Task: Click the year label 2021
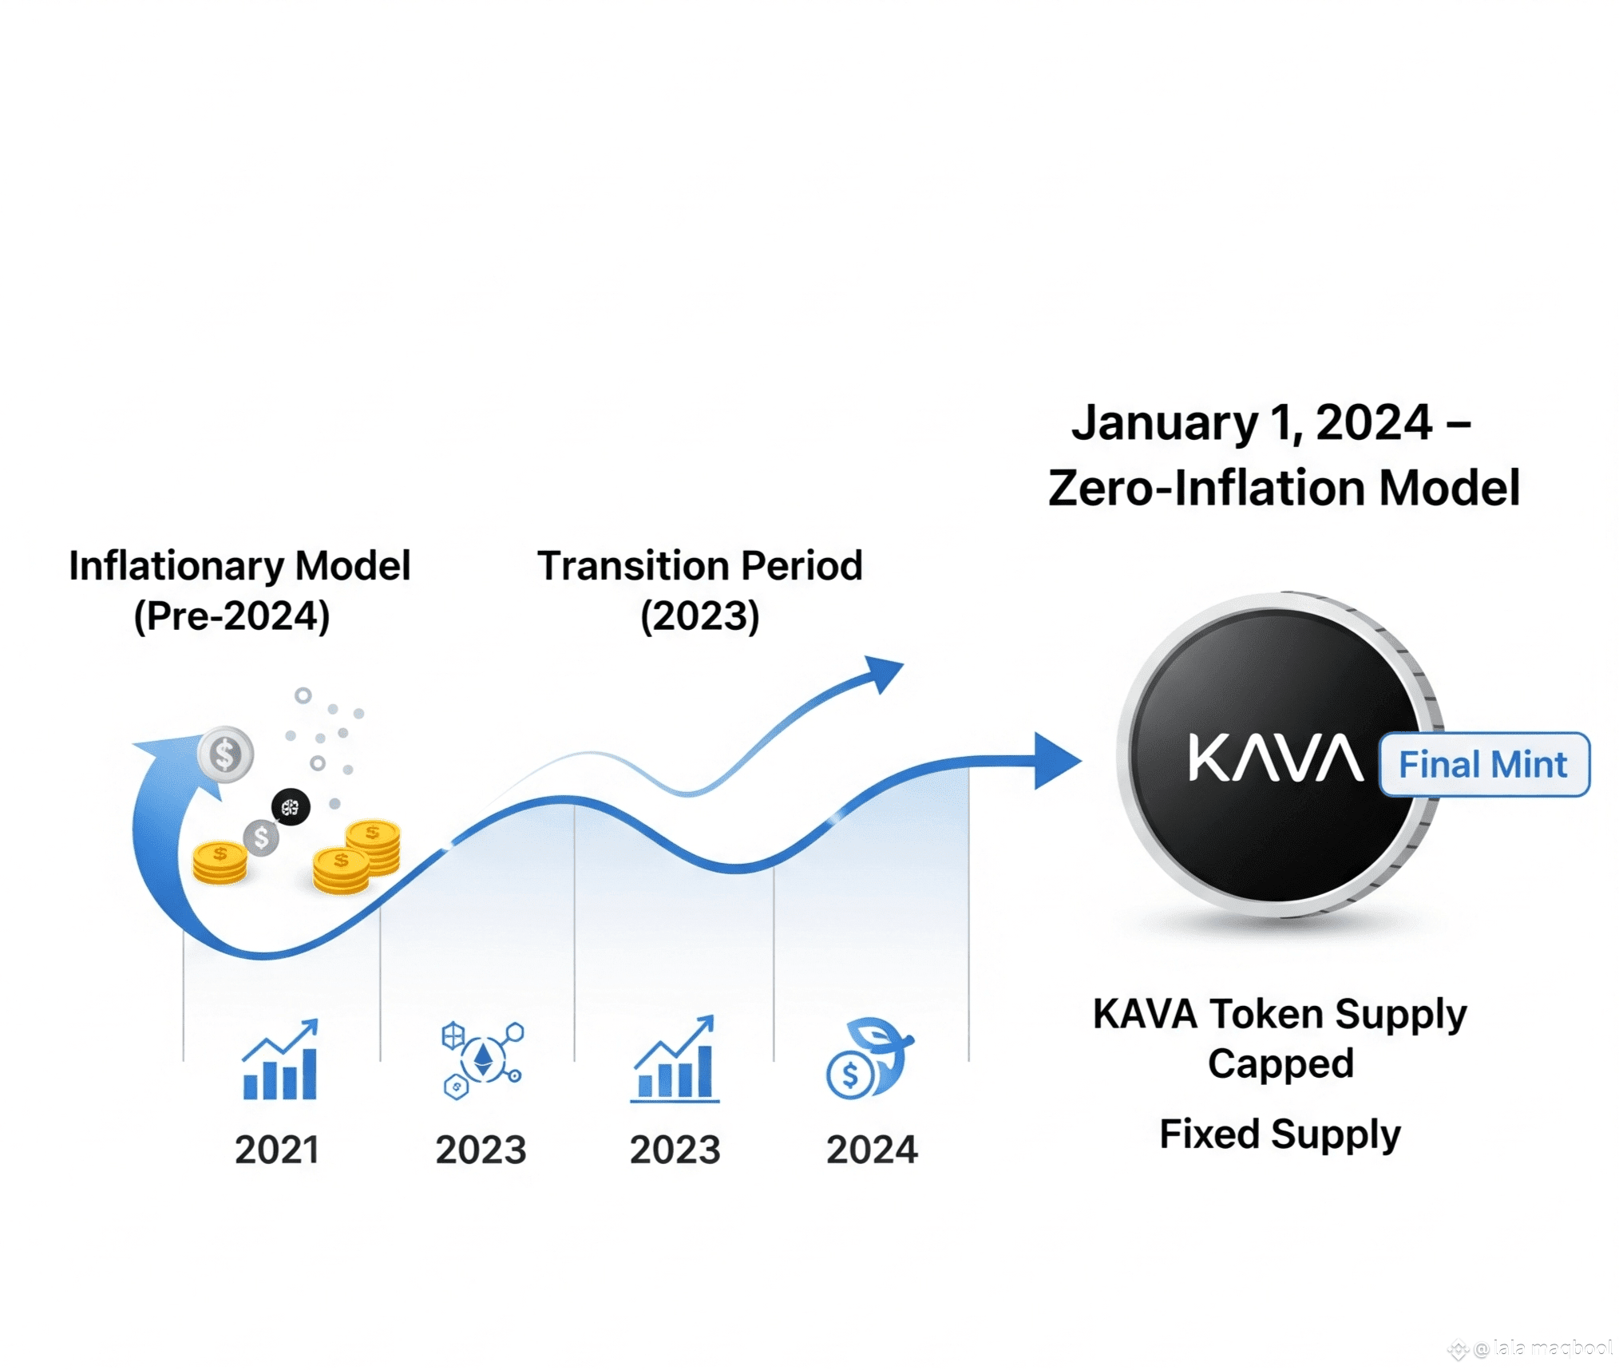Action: [x=276, y=1150]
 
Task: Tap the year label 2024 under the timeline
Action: [x=872, y=1150]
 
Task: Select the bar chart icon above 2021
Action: [x=280, y=1059]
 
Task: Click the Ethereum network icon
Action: [x=482, y=1060]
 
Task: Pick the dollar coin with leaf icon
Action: [x=869, y=1059]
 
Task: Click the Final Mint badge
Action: [x=1484, y=764]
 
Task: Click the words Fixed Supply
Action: [x=1280, y=1134]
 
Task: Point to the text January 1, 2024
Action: [x=1252, y=422]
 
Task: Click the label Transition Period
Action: [x=700, y=565]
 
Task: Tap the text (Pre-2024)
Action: [x=232, y=616]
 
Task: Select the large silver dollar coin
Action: [x=226, y=754]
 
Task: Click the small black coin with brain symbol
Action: [x=291, y=807]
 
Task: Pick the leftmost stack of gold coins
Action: [x=220, y=862]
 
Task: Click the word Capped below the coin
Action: [x=1281, y=1063]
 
